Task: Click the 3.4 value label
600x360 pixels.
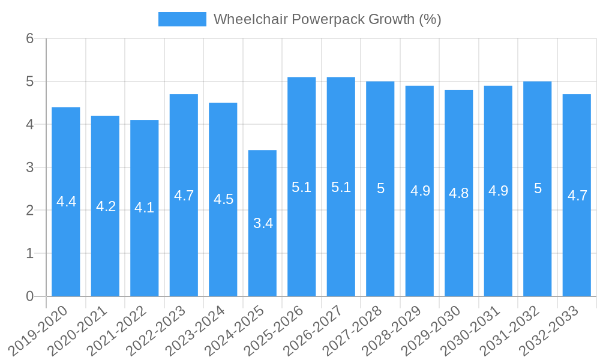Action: [x=263, y=223]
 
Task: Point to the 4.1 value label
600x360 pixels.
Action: [x=145, y=208]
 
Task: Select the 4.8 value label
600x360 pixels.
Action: [x=459, y=193]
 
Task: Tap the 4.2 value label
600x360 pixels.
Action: [x=106, y=206]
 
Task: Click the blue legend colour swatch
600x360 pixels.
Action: [x=182, y=19]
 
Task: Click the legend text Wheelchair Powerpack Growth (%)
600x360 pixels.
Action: [x=327, y=19]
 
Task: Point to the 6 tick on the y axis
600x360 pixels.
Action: [x=29, y=38]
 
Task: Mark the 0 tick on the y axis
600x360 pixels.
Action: [x=29, y=296]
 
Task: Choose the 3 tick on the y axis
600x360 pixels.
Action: [x=29, y=167]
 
